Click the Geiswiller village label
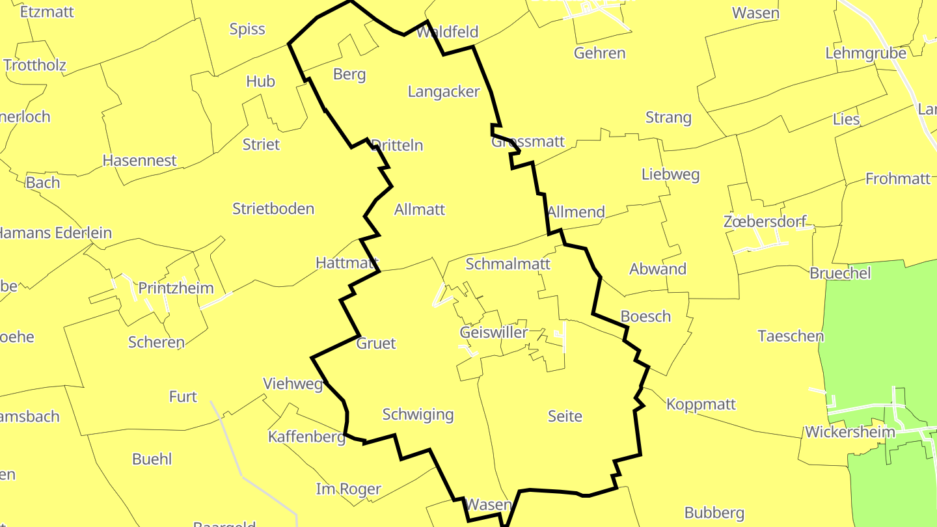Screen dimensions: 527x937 coord(493,332)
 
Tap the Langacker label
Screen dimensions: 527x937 coord(443,92)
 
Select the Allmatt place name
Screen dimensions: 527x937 coord(420,209)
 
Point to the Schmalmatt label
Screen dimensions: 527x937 coord(508,263)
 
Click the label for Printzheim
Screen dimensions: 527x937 coord(176,288)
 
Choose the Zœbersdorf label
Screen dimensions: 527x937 coord(765,222)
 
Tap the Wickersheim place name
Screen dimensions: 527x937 coord(850,432)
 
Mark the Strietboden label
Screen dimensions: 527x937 coord(273,209)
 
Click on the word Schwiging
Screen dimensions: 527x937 coord(418,414)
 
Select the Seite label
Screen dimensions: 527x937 coord(564,416)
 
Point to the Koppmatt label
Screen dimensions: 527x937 coord(701,404)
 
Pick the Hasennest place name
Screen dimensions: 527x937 coord(139,161)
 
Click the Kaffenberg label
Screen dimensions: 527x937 coord(306,437)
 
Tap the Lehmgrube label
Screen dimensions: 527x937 coord(865,53)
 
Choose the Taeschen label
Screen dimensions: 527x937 coord(791,336)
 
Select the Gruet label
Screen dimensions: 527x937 coord(376,344)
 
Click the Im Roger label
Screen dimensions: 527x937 coord(348,489)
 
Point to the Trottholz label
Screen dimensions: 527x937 coord(34,65)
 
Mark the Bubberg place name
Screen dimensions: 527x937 coord(714,513)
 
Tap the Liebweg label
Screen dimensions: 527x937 coord(670,174)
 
